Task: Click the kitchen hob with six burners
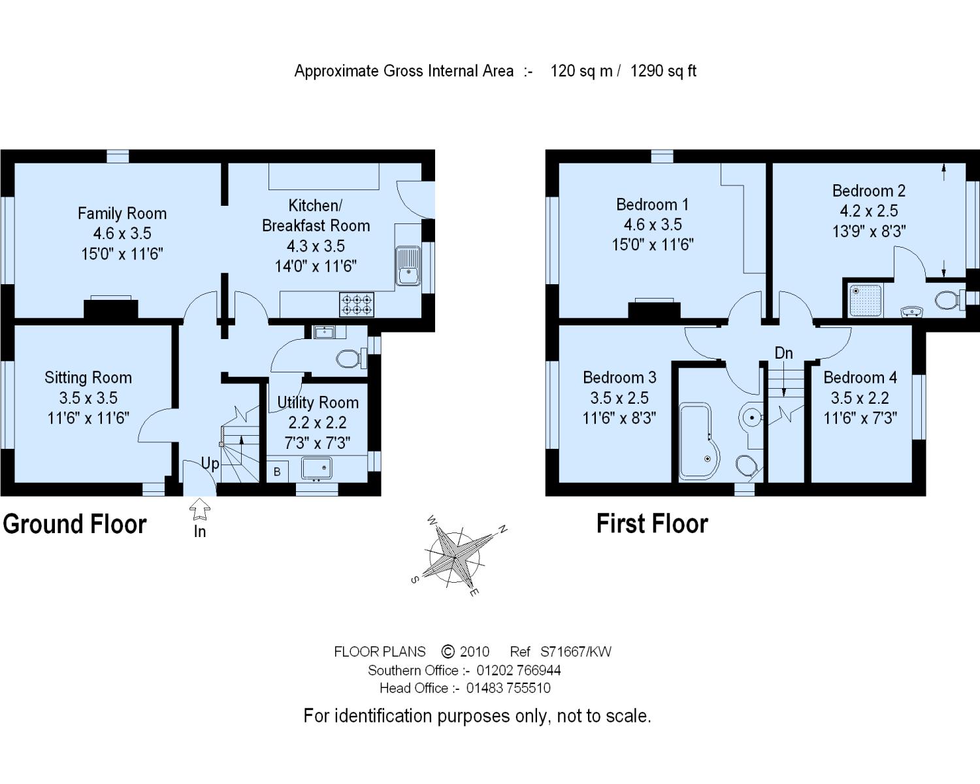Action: [357, 304]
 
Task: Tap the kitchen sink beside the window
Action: [408, 266]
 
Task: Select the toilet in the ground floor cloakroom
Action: [351, 359]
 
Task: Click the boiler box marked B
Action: [277, 472]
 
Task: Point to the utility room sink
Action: [316, 468]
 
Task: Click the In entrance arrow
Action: [199, 509]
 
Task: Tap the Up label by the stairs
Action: [210, 464]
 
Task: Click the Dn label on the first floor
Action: [784, 353]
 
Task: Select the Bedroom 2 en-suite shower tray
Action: [865, 301]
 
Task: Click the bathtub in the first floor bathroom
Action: [698, 441]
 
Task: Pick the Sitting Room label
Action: [88, 378]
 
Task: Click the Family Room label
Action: [122, 214]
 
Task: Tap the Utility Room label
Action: [318, 402]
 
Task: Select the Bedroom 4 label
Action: [860, 378]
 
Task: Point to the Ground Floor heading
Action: [74, 524]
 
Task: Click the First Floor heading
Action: [652, 523]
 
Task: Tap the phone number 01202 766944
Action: [519, 670]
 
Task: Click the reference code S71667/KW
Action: [576, 652]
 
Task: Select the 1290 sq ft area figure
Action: [663, 71]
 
